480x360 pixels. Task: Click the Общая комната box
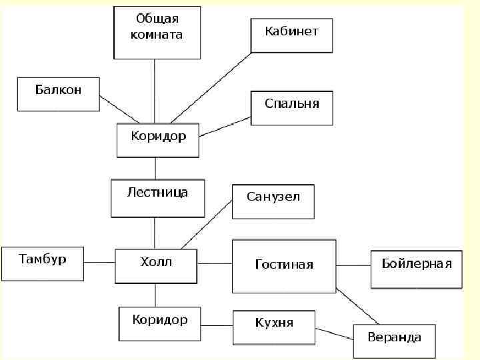tap(157, 33)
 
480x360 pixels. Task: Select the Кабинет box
tap(291, 35)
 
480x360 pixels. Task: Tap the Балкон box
tap(58, 94)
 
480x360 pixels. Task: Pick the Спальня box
tap(291, 108)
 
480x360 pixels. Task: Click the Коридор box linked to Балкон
tap(157, 140)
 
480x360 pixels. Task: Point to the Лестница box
tap(157, 198)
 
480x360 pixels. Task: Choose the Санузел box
tap(273, 201)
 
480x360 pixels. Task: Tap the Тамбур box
tap(43, 263)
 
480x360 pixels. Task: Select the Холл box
tap(156, 266)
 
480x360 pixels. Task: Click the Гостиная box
tap(283, 266)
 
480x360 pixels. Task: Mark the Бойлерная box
tap(416, 269)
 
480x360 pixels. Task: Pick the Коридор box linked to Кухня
tap(159, 323)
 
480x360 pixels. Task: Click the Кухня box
tap(273, 327)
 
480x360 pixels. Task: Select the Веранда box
tap(394, 341)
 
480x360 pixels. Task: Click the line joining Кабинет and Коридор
tap(211, 87)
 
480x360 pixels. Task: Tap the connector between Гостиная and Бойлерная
tap(353, 265)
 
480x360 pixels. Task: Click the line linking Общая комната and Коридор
tap(155, 91)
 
